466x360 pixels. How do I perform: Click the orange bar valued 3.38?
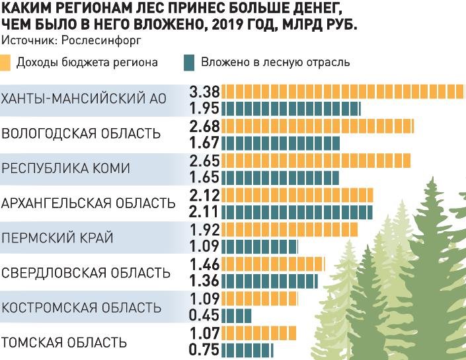point(342,90)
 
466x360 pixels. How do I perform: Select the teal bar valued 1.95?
point(291,108)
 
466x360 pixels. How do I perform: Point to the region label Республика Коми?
point(65,168)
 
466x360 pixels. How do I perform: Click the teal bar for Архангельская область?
point(297,211)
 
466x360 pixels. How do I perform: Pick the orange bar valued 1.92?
point(289,229)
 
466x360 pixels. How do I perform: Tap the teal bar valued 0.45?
point(237,316)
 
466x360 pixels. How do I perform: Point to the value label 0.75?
point(204,349)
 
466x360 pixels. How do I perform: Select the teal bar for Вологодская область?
point(281,143)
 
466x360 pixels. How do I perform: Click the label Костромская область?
point(81,308)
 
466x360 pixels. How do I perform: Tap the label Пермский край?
point(58,238)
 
